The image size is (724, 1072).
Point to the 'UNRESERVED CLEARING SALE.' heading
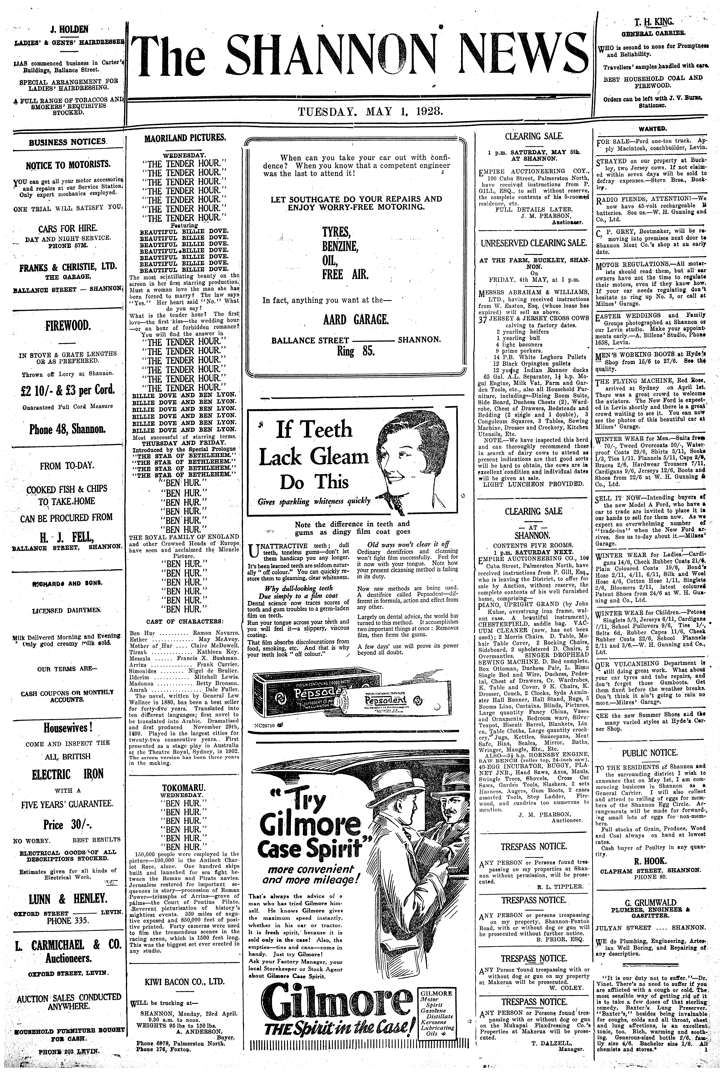534,243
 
